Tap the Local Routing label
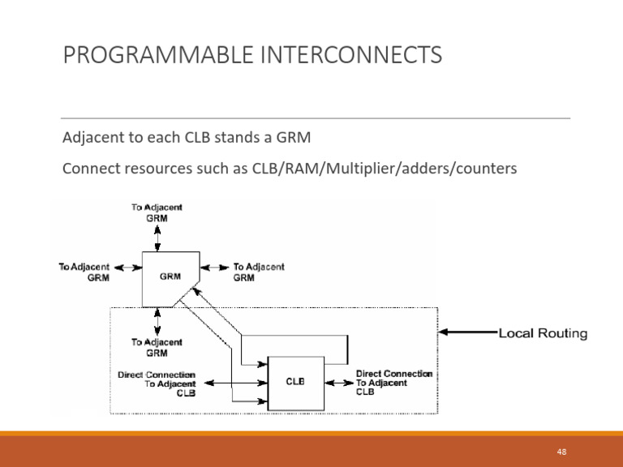(x=543, y=333)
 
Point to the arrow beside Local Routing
(x=468, y=332)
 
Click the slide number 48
(x=561, y=452)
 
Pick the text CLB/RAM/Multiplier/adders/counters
(x=385, y=169)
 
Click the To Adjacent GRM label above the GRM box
(x=157, y=212)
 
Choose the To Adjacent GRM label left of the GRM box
(x=84, y=272)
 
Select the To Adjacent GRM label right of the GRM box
(x=259, y=272)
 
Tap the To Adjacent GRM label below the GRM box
(x=157, y=348)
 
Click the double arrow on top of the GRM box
(x=157, y=238)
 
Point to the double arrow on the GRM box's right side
(x=214, y=268)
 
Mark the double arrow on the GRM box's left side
(x=128, y=268)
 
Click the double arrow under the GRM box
(x=157, y=322)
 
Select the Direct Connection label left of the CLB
(x=157, y=383)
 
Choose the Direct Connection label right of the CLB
(x=393, y=383)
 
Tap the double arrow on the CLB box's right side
(x=339, y=383)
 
